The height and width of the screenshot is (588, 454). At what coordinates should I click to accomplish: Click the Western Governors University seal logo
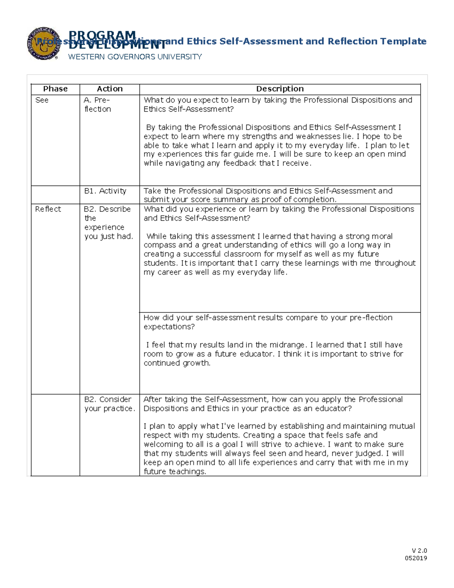click(x=43, y=44)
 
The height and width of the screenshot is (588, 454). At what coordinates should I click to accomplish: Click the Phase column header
click(x=55, y=89)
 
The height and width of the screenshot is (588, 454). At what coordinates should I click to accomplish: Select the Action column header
click(x=110, y=89)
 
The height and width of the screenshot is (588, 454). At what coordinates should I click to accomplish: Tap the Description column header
click(x=280, y=89)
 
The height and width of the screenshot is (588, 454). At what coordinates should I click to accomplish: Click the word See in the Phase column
click(x=42, y=100)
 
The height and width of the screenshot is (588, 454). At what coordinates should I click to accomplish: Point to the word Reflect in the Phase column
click(x=48, y=209)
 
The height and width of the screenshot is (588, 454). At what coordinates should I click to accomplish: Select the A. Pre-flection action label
click(x=97, y=105)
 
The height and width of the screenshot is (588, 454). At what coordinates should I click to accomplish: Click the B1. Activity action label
click(x=105, y=191)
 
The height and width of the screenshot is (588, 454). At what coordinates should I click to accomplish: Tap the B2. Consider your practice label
click(x=109, y=404)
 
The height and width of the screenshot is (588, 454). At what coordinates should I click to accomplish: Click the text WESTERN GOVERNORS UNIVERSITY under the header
click(x=135, y=57)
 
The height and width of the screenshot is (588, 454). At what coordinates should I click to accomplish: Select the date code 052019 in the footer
click(x=416, y=558)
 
